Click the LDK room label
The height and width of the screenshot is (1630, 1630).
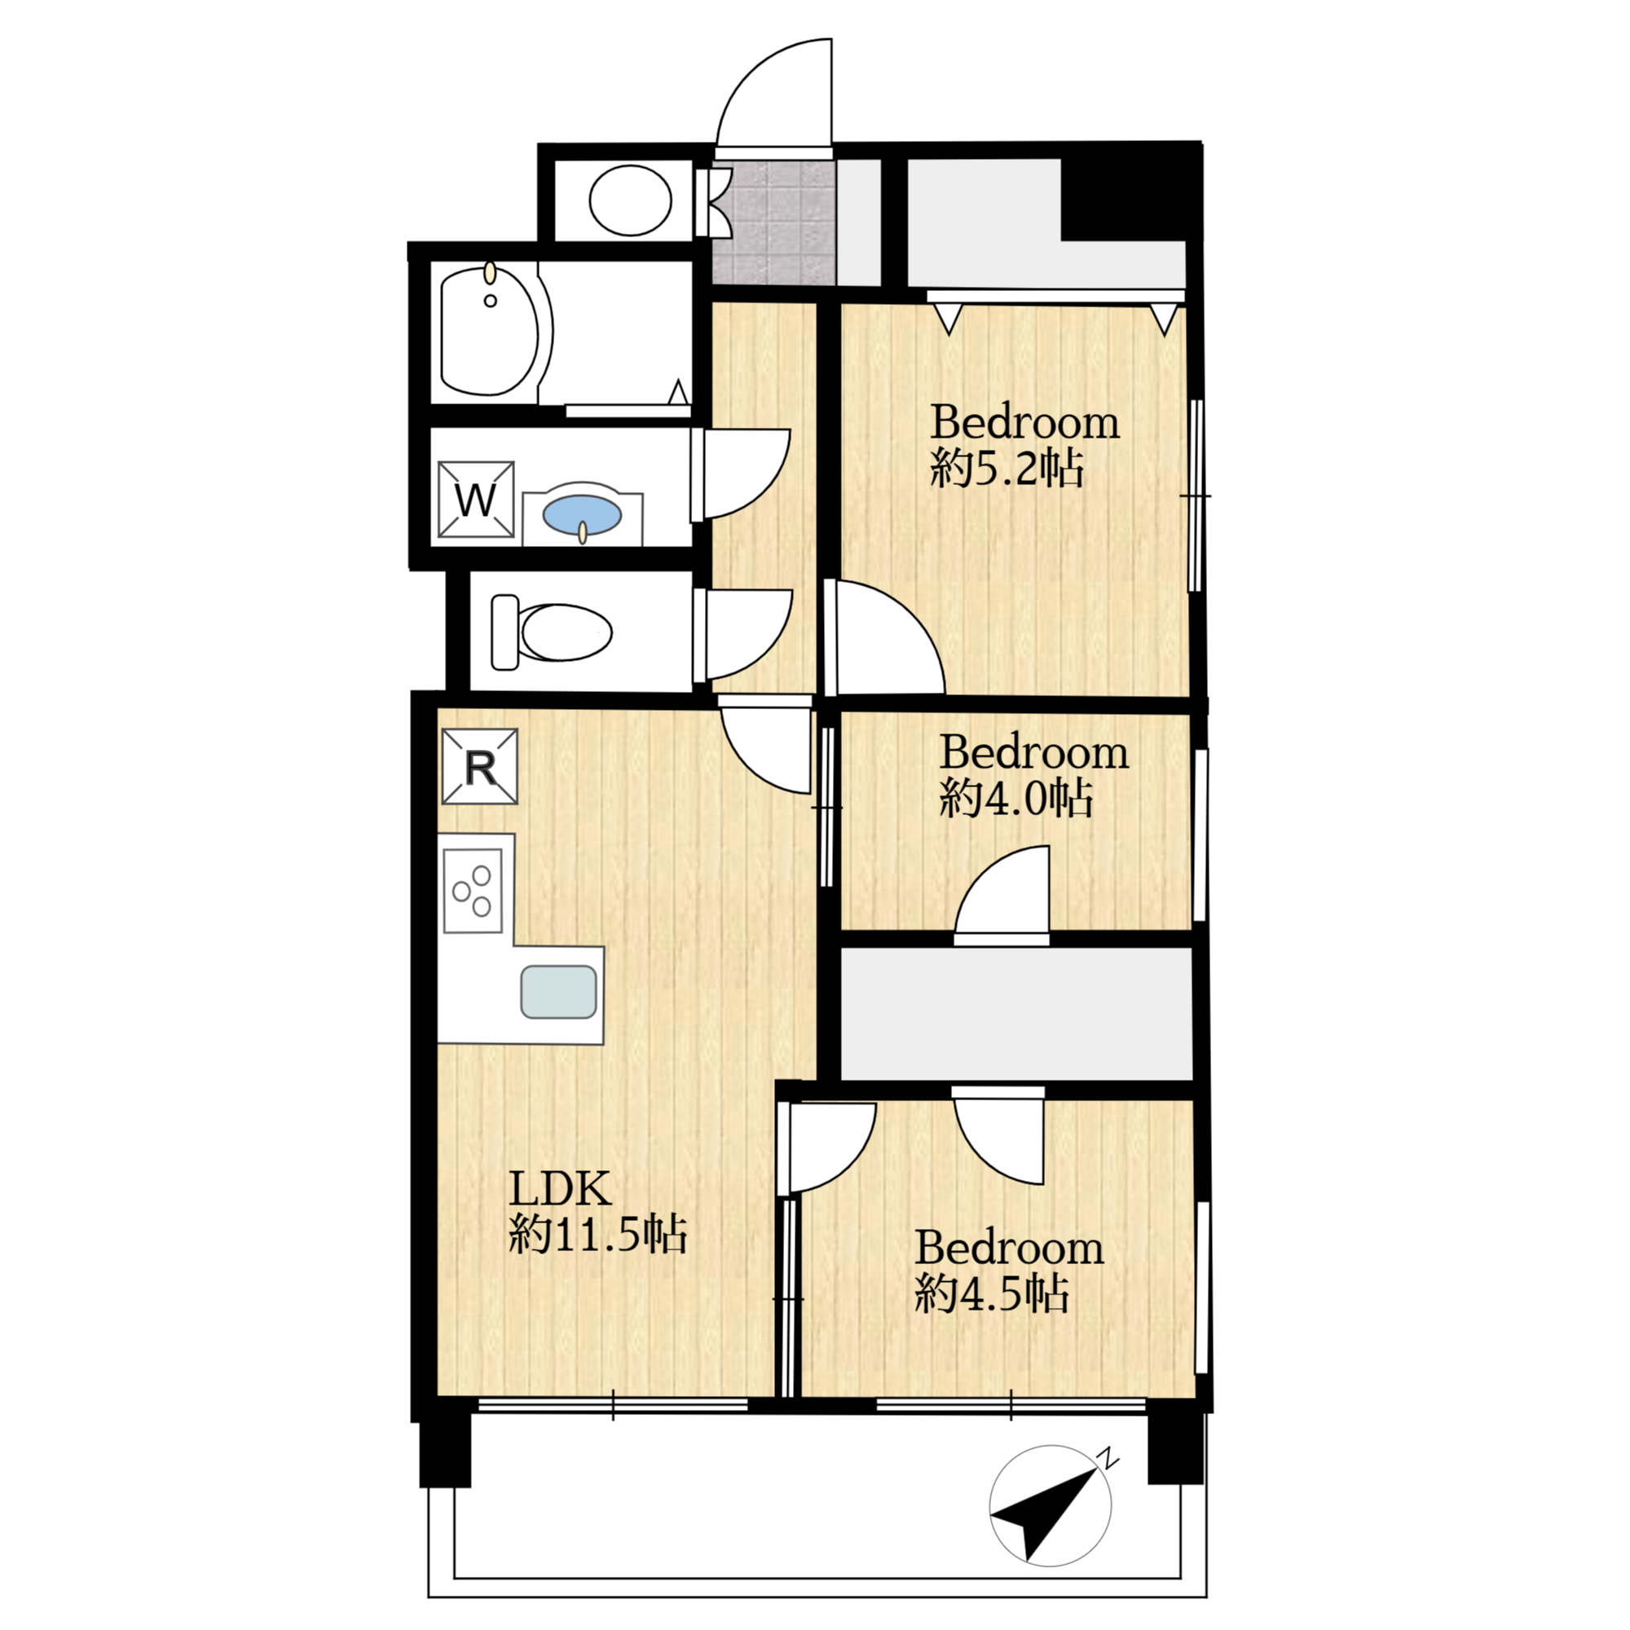pyautogui.click(x=559, y=1189)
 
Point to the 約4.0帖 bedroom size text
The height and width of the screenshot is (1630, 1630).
pyautogui.click(x=1016, y=797)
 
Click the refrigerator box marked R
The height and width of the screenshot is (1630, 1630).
pyautogui.click(x=480, y=766)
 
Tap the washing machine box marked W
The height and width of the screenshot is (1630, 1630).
pyautogui.click(x=476, y=499)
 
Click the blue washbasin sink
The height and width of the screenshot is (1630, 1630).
pyautogui.click(x=582, y=514)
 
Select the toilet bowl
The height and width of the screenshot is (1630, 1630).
pyautogui.click(x=553, y=632)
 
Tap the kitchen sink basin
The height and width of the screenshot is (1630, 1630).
pyautogui.click(x=558, y=991)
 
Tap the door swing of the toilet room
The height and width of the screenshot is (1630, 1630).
pyautogui.click(x=746, y=634)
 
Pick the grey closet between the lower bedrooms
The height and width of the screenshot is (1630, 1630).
pyautogui.click(x=1017, y=1013)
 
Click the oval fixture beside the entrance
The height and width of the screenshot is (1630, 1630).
pyautogui.click(x=630, y=200)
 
